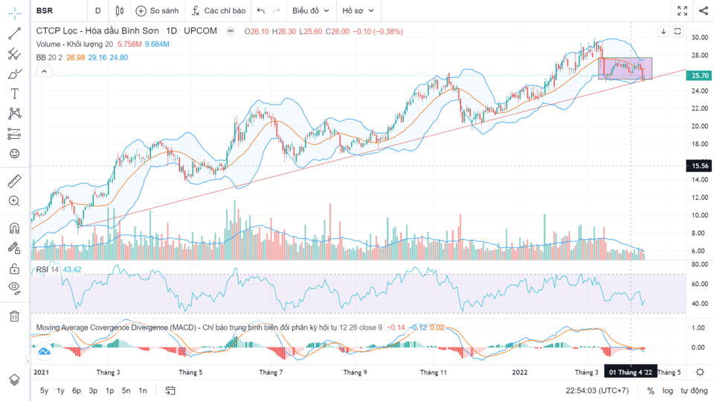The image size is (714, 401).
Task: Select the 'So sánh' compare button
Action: click(x=158, y=10)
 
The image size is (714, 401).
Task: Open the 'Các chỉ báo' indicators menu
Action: click(x=218, y=10)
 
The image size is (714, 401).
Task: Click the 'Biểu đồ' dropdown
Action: click(x=310, y=10)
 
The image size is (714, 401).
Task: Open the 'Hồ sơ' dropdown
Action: click(x=358, y=10)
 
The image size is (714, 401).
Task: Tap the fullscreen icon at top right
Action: click(x=682, y=10)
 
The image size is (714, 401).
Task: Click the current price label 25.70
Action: click(x=700, y=76)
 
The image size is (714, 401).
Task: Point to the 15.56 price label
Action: click(x=700, y=166)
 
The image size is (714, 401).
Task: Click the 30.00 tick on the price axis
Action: click(x=699, y=37)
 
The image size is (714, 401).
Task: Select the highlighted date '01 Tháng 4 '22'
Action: click(x=631, y=372)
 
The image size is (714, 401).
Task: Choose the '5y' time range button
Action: click(x=45, y=391)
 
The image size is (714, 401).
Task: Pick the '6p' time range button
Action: click(x=77, y=391)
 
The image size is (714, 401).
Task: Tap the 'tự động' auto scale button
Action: click(x=694, y=391)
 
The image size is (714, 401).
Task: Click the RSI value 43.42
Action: click(x=72, y=269)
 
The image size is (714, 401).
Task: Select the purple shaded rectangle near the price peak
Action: click(x=625, y=68)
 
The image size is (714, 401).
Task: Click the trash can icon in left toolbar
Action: click(x=14, y=316)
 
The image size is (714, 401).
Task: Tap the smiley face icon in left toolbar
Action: click(x=14, y=153)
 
